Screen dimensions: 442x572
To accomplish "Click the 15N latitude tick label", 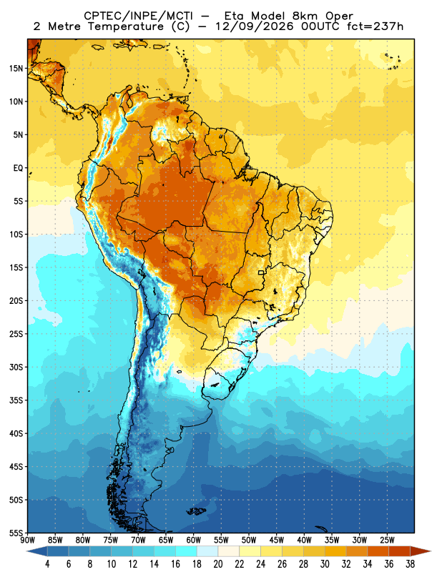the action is pos(16,68).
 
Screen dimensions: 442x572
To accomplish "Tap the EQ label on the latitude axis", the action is pos(19,168).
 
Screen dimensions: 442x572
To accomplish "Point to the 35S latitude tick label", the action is pos(16,400).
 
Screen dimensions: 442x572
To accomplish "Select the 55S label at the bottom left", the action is pos(16,533).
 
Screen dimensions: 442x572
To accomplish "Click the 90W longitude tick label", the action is pos(28,540).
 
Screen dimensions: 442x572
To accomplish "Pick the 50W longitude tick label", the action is pos(249,540).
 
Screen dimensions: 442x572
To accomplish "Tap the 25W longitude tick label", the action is pos(387,540).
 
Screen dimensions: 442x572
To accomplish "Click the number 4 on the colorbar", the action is pos(47,564).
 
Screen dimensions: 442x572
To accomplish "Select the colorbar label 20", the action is pos(218,564).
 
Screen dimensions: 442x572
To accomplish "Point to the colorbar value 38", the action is pos(410,564).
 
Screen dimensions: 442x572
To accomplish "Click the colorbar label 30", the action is pos(325,564).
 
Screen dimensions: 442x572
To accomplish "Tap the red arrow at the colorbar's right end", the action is pos(421,551).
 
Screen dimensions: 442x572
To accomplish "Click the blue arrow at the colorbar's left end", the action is pos(37,551).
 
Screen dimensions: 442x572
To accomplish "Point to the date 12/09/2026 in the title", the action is pos(255,26).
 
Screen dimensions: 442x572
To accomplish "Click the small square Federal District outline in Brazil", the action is pos(261,272).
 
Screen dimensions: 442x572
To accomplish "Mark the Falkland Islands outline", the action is pos(196,511).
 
